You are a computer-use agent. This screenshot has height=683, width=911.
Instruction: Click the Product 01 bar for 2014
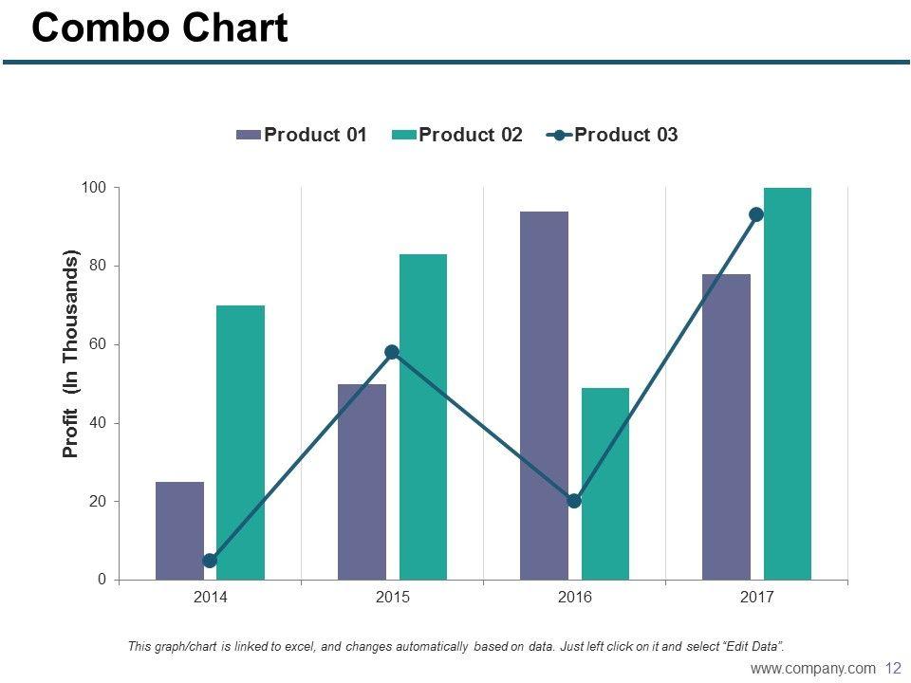tap(179, 530)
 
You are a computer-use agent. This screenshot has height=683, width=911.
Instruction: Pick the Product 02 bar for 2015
tap(422, 416)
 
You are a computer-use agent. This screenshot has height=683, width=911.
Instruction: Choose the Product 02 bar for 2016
tap(604, 483)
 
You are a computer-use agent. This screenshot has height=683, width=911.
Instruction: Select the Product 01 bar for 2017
tap(726, 426)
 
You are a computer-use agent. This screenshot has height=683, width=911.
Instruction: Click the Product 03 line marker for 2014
tap(210, 561)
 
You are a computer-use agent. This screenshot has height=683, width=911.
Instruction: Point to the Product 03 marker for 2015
tap(392, 352)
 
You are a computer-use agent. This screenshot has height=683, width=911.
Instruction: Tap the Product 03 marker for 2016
tap(574, 501)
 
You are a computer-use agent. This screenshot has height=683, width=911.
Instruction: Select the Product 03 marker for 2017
tap(756, 214)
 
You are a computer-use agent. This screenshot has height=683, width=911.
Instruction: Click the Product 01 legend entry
tap(302, 135)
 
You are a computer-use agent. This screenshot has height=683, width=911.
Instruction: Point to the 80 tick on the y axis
tap(97, 266)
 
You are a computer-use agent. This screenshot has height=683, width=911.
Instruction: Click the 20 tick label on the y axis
tap(97, 501)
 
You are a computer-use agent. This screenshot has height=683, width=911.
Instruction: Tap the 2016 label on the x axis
tap(574, 598)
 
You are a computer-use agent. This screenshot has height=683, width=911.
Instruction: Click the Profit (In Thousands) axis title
tap(71, 355)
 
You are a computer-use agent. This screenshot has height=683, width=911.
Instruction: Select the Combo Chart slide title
tap(159, 29)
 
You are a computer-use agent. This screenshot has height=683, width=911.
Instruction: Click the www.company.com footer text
tap(812, 669)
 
